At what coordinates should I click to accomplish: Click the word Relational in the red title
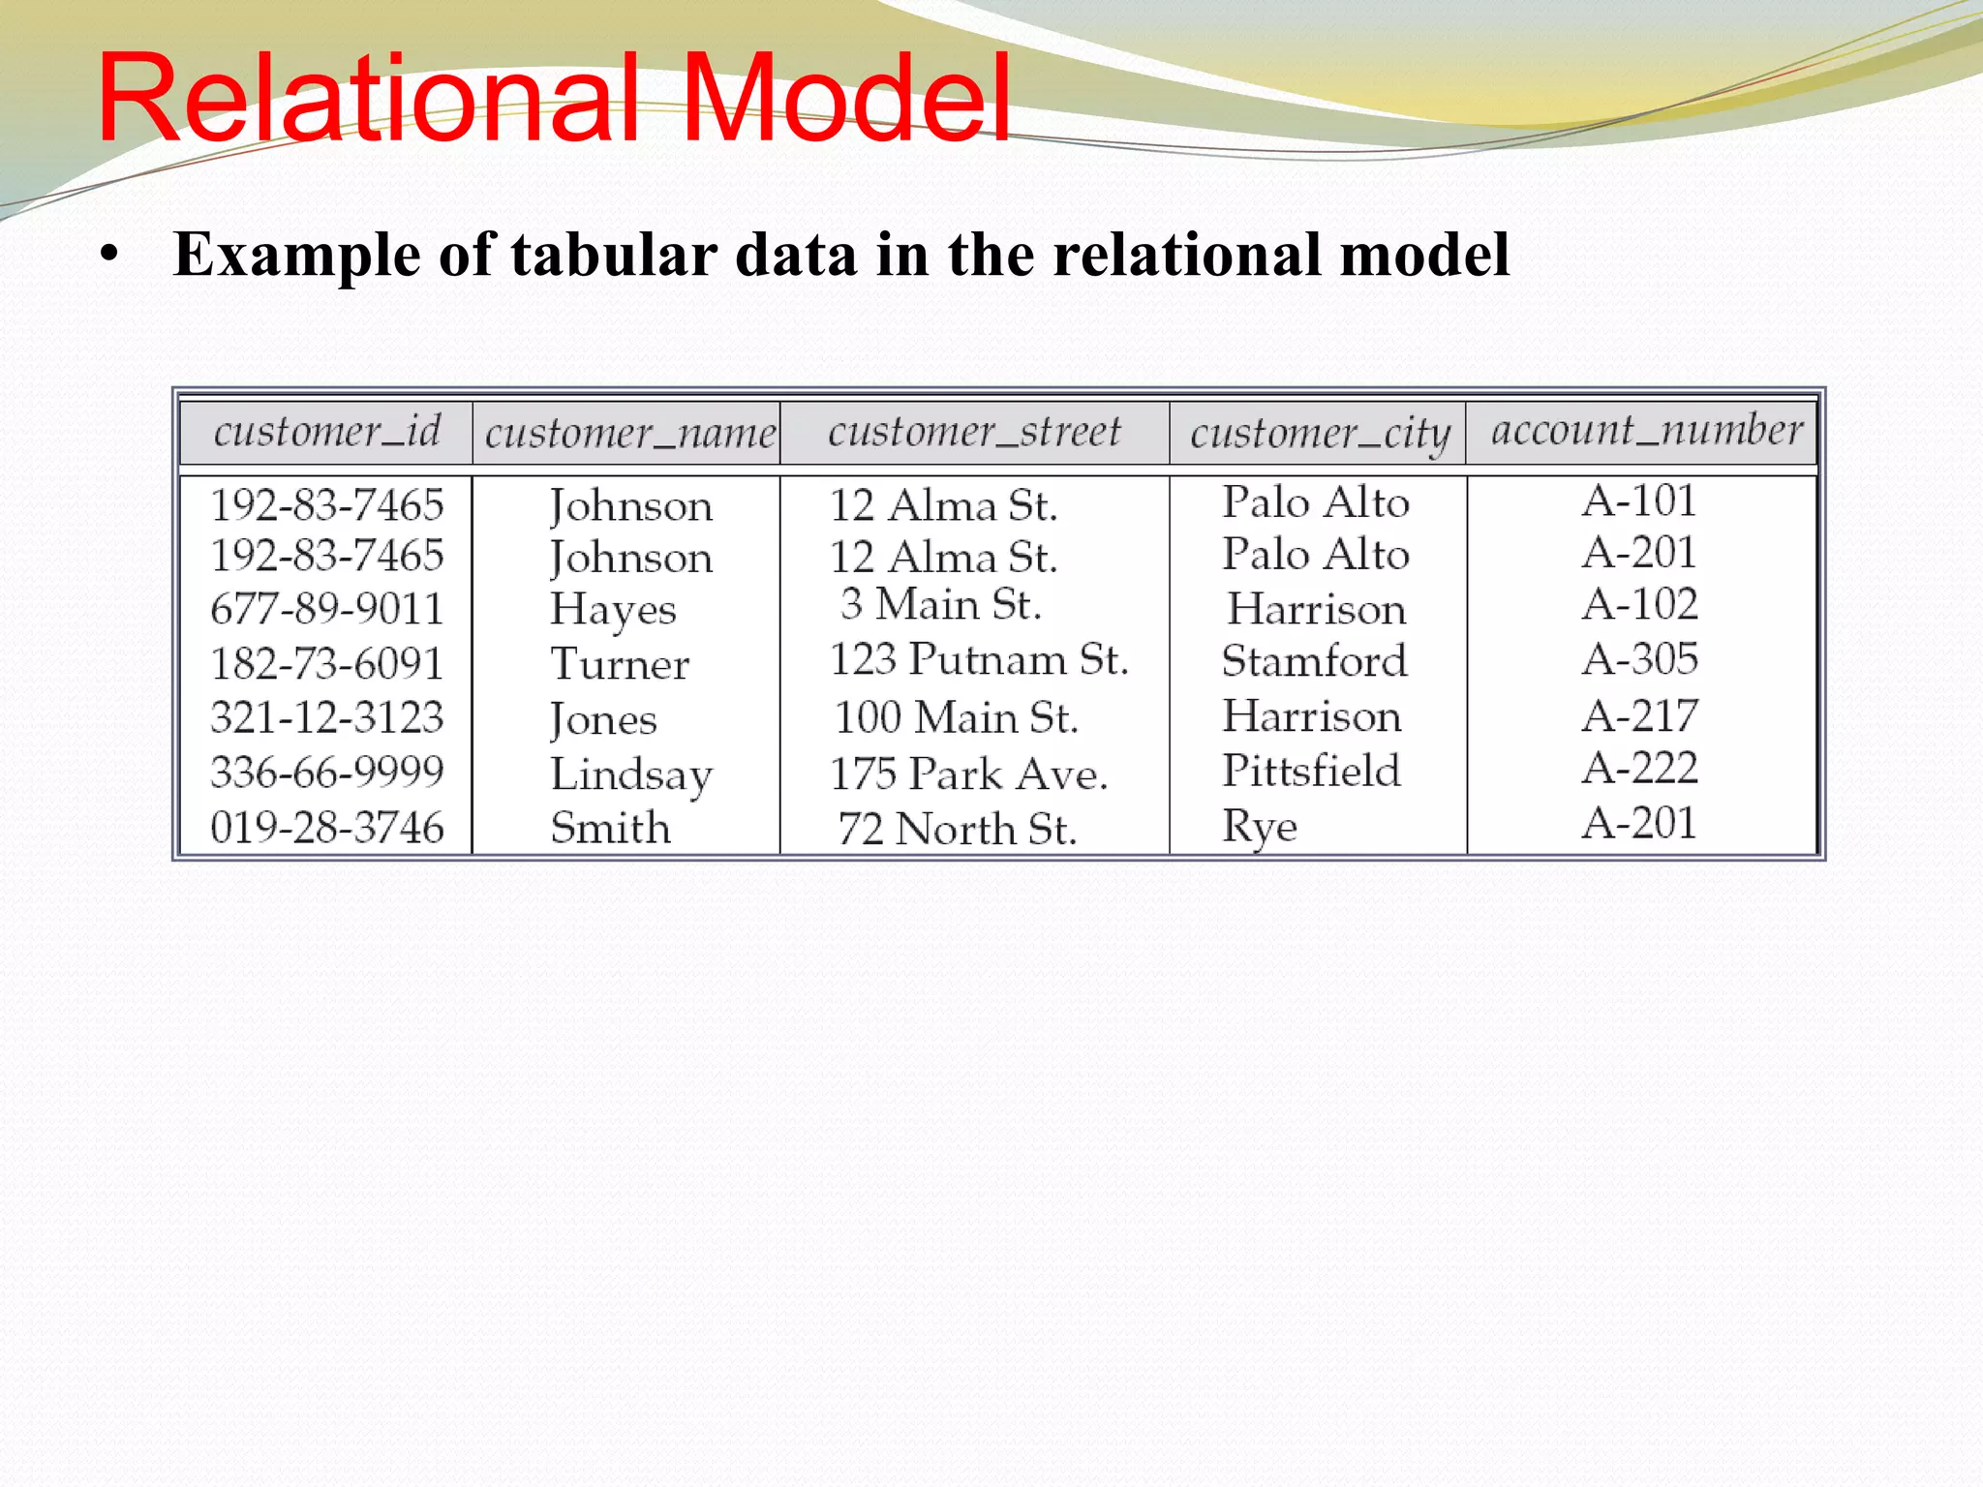point(368,99)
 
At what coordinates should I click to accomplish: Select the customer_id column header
point(327,432)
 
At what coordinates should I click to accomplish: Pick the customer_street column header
point(974,432)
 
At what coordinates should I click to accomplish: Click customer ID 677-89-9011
point(327,609)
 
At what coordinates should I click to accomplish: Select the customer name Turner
point(620,664)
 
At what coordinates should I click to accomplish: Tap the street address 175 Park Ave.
point(968,774)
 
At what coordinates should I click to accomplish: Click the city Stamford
point(1314,661)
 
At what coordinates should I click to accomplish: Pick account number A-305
point(1640,659)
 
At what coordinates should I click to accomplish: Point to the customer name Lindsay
point(631,774)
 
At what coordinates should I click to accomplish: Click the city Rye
point(1259,827)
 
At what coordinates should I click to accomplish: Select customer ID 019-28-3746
point(327,828)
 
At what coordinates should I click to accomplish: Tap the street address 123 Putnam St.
point(979,660)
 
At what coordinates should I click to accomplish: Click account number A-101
point(1639,501)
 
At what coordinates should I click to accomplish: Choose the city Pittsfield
point(1311,772)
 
